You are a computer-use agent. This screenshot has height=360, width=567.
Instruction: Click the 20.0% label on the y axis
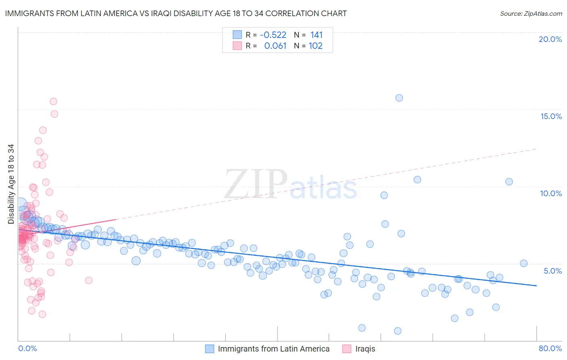pos(550,39)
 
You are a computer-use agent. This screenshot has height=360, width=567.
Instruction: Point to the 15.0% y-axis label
pos(551,116)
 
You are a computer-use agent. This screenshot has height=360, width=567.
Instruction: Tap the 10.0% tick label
pos(551,193)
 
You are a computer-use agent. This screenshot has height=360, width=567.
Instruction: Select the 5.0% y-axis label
pos(552,271)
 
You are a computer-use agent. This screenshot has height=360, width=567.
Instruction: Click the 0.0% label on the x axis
pos(27,348)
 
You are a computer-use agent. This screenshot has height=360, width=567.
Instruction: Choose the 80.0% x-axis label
pos(550,348)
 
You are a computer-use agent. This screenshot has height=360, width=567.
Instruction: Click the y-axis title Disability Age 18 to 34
pos(11,184)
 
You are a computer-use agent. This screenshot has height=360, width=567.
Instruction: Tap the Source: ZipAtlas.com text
pos(531,13)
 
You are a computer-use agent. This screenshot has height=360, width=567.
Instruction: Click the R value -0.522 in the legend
pos(273,35)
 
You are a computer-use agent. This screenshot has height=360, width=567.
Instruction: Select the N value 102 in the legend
pos(315,46)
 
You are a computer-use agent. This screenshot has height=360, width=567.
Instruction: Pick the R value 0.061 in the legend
pos(275,46)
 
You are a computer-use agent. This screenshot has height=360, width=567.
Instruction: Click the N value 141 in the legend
pos(316,35)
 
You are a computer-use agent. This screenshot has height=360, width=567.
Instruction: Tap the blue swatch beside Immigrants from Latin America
pos(209,349)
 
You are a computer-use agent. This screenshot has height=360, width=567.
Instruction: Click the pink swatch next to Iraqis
pos(346,349)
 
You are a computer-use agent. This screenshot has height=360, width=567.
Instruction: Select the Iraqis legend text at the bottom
pos(365,349)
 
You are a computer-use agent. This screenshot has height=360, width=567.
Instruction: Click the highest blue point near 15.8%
pos(399,98)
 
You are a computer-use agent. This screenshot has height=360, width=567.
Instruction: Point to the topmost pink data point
pos(53,102)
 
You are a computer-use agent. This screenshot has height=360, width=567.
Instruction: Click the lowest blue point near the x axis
pos(398,331)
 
